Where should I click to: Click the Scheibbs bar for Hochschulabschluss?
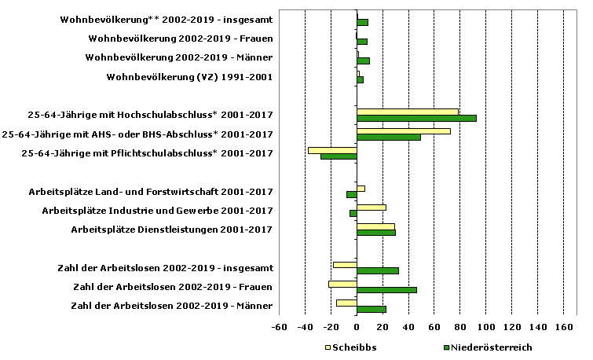(x=407, y=112)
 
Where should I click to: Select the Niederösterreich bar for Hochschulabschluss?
(x=416, y=118)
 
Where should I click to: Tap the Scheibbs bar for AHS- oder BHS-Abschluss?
(x=403, y=130)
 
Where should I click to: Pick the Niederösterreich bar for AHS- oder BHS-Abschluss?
(x=388, y=137)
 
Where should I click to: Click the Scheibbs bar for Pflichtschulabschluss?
(x=332, y=149)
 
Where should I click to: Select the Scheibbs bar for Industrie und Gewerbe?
(x=371, y=207)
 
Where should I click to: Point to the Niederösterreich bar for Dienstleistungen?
(x=375, y=232)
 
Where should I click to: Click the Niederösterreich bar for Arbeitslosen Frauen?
(x=386, y=289)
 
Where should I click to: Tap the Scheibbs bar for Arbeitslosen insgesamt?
(x=345, y=264)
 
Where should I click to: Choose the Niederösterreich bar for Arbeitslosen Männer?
(x=371, y=309)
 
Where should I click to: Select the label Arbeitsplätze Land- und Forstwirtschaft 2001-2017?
(x=151, y=191)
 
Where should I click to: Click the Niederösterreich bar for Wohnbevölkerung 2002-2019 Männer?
(x=363, y=61)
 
